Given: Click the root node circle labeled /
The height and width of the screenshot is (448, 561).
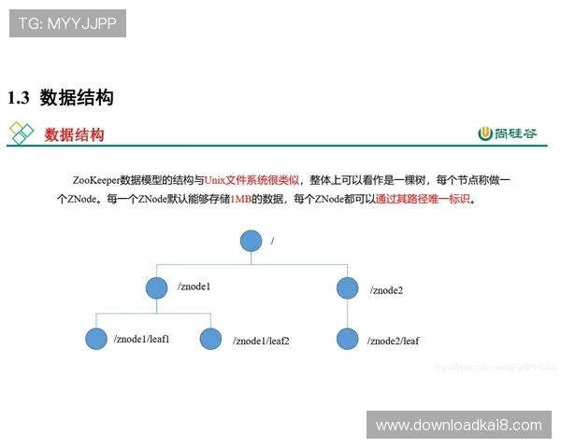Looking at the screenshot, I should [250, 241].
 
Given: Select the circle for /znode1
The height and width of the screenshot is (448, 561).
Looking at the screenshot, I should [158, 287].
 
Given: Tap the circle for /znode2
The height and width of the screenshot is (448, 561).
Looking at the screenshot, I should [348, 288].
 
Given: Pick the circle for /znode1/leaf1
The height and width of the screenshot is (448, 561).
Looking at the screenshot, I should [95, 339].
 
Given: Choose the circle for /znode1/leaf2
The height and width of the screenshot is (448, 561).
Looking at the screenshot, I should [211, 339].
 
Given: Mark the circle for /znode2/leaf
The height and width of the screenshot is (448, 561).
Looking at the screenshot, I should [348, 339].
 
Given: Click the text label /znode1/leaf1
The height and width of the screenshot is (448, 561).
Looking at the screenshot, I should [141, 339].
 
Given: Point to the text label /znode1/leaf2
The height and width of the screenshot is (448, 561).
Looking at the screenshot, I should [261, 342].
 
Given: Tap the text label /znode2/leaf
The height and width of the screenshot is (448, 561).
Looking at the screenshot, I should [393, 342].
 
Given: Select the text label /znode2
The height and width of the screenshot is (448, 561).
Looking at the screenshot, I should [386, 290].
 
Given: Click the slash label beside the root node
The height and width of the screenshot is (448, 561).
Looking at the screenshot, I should [272, 241].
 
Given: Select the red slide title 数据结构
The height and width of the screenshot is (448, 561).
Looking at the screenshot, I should [75, 134].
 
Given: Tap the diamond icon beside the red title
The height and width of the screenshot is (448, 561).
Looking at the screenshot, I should [22, 133].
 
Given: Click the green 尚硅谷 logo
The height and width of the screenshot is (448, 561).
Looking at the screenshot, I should [508, 133].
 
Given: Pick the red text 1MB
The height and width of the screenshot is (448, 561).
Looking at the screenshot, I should [240, 199].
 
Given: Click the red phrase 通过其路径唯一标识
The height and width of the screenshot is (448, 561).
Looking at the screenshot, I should [424, 199].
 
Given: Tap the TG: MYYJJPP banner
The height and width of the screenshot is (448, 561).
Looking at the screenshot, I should [67, 23].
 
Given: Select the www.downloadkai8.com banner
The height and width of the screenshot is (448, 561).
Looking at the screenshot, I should [459, 426].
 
